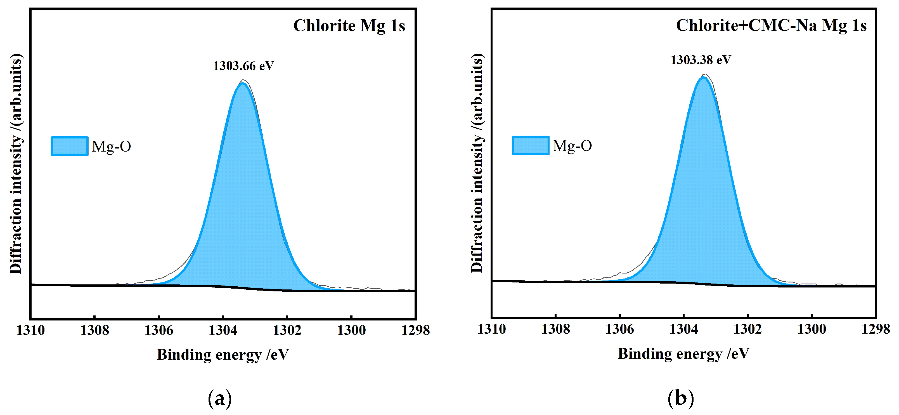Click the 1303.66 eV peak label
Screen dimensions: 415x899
[243, 66]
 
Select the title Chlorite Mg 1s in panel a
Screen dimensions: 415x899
[349, 25]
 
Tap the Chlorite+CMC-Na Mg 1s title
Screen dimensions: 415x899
[771, 25]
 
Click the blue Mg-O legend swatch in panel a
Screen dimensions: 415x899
[69, 146]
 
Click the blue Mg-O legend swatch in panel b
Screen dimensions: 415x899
[531, 145]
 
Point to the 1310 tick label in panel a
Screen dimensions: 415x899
[31, 330]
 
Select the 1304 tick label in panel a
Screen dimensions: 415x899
[223, 330]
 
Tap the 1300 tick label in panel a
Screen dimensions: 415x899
[351, 330]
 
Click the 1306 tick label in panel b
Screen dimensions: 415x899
[619, 329]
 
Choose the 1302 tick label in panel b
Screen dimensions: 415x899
[747, 329]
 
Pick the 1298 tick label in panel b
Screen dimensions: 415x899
[876, 329]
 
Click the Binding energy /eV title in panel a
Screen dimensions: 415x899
[223, 355]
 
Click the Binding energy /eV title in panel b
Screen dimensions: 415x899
[683, 353]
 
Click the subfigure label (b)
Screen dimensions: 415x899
[680, 398]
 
